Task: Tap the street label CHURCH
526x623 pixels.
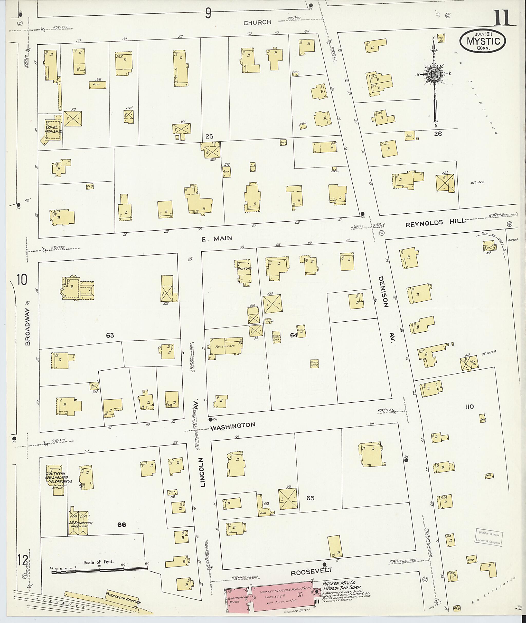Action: point(257,23)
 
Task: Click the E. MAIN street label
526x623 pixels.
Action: point(217,238)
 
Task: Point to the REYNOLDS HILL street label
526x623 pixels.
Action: point(435,222)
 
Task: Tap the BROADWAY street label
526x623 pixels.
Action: point(28,327)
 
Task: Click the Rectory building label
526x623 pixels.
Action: point(245,268)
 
